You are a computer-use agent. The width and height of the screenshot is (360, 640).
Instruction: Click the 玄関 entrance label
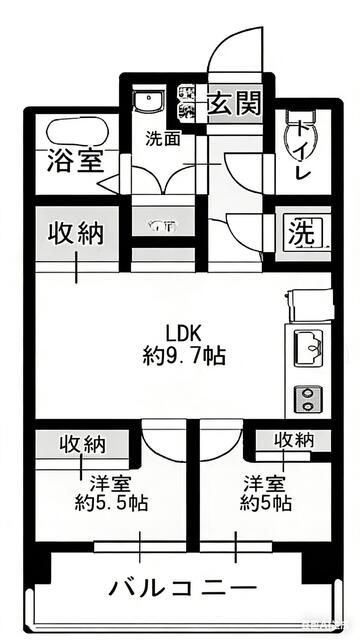click(x=235, y=102)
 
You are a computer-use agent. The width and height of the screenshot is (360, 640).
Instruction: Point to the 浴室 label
click(x=74, y=160)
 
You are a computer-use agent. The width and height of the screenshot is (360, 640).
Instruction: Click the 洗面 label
click(x=163, y=138)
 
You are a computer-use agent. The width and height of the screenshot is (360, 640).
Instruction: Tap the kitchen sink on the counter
click(x=306, y=349)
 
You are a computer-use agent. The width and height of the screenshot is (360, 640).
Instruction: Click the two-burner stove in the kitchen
click(x=305, y=398)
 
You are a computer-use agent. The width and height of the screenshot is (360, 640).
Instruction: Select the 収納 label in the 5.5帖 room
click(x=83, y=443)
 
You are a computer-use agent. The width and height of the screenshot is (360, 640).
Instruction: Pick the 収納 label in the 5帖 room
click(x=295, y=439)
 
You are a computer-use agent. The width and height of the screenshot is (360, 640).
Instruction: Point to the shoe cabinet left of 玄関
click(x=187, y=101)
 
